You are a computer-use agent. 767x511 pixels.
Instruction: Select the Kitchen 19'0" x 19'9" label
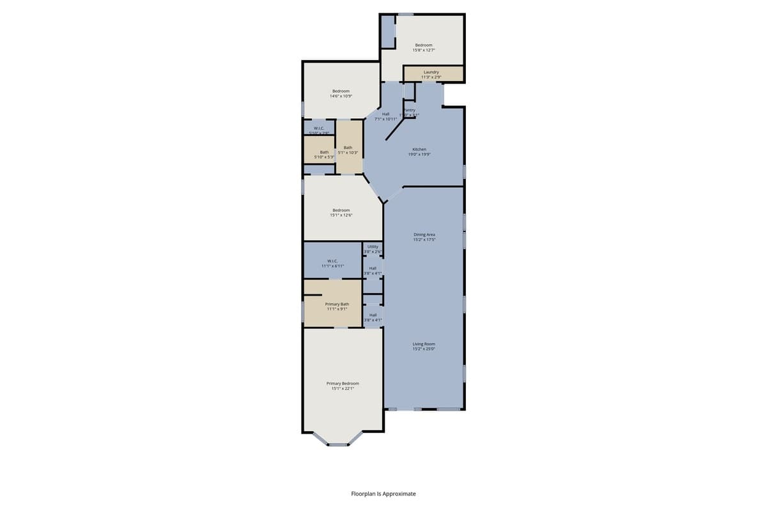(x=419, y=151)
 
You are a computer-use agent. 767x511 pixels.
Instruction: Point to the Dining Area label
(x=424, y=237)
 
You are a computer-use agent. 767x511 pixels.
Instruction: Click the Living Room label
(x=424, y=346)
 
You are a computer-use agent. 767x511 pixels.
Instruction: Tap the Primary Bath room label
(x=336, y=306)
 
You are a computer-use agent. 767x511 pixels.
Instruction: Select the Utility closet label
(x=373, y=248)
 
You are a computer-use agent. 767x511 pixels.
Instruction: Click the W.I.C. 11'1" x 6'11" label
(x=332, y=263)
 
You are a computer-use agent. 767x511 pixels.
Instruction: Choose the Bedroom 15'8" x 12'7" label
(x=424, y=47)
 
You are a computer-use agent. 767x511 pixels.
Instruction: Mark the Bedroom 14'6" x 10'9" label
(x=341, y=93)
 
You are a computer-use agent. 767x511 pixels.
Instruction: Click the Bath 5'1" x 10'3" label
(x=348, y=149)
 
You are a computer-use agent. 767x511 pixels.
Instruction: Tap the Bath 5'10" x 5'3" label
(x=324, y=154)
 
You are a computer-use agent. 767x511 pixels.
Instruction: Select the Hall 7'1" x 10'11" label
(x=385, y=116)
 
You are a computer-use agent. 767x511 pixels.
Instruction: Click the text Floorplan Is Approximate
(x=383, y=494)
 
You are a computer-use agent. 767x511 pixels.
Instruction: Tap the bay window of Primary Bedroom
(x=338, y=444)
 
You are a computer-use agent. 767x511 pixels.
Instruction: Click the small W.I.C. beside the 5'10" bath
(x=319, y=130)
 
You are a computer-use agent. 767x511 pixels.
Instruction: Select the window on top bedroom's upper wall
(x=405, y=15)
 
